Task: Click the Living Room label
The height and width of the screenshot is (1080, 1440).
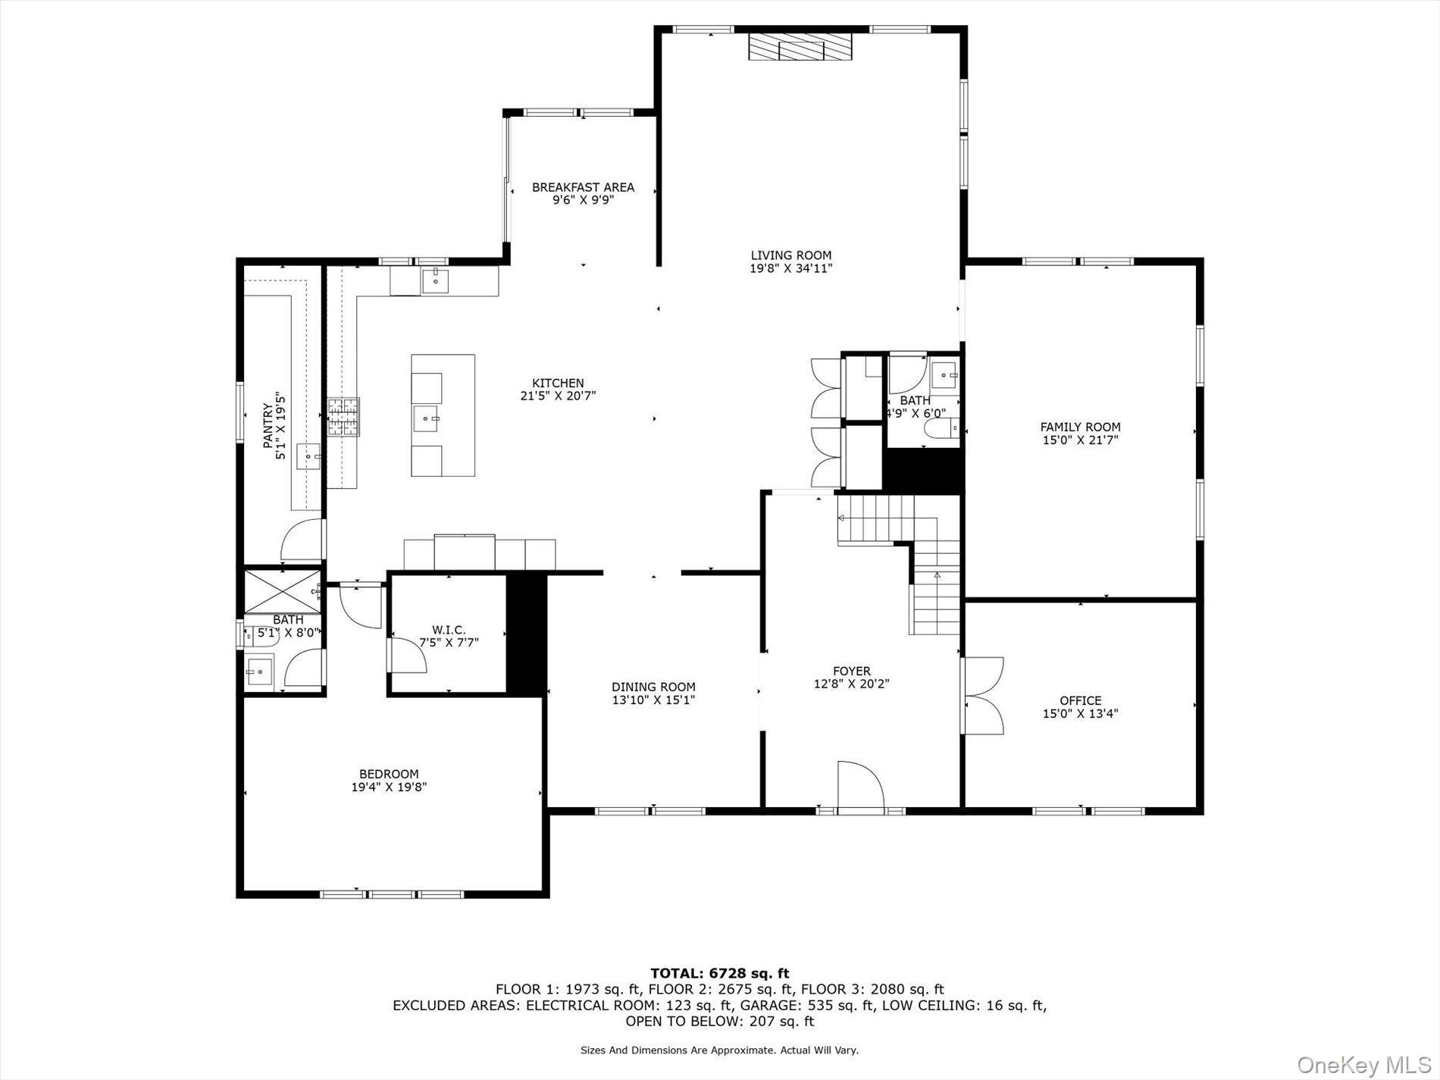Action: pyautogui.click(x=790, y=255)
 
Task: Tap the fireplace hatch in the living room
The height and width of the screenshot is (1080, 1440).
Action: pyautogui.click(x=800, y=46)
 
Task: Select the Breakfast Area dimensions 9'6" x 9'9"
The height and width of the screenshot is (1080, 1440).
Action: pyautogui.click(x=582, y=200)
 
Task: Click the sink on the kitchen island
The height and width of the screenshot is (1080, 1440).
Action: pyautogui.click(x=427, y=418)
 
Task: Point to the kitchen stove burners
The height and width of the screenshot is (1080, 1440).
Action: pyautogui.click(x=343, y=417)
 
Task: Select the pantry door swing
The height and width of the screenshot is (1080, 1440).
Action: pyautogui.click(x=301, y=540)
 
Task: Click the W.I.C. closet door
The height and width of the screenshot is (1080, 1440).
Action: pyautogui.click(x=406, y=656)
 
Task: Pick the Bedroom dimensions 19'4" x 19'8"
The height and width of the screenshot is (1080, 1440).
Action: pyautogui.click(x=389, y=787)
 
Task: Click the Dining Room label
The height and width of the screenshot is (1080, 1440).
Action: pyautogui.click(x=653, y=687)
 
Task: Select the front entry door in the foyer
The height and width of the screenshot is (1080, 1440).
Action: pyautogui.click(x=860, y=787)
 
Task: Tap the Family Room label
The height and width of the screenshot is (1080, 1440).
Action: pyautogui.click(x=1080, y=427)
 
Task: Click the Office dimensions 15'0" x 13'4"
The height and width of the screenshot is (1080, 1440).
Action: pyautogui.click(x=1080, y=713)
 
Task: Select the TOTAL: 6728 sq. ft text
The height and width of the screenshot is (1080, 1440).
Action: pyautogui.click(x=719, y=973)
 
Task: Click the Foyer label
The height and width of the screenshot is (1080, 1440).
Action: pyautogui.click(x=851, y=671)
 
